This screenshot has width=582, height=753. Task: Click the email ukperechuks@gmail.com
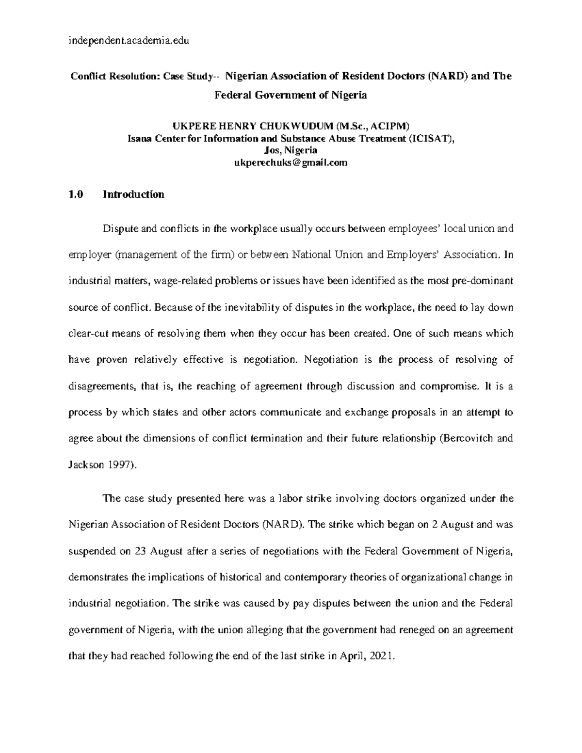point(291,163)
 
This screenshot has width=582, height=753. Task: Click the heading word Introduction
point(133,194)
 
